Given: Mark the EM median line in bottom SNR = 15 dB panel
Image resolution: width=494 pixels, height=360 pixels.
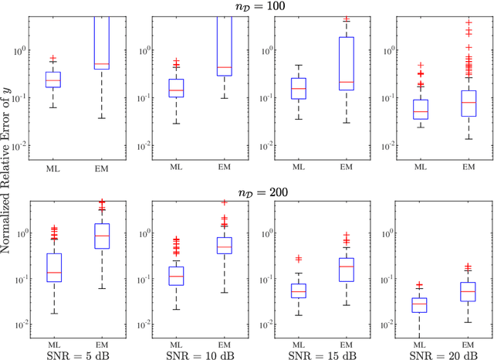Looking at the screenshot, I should point(346,266).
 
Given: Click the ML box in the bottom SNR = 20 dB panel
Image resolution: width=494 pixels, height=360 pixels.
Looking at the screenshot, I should point(419,304).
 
